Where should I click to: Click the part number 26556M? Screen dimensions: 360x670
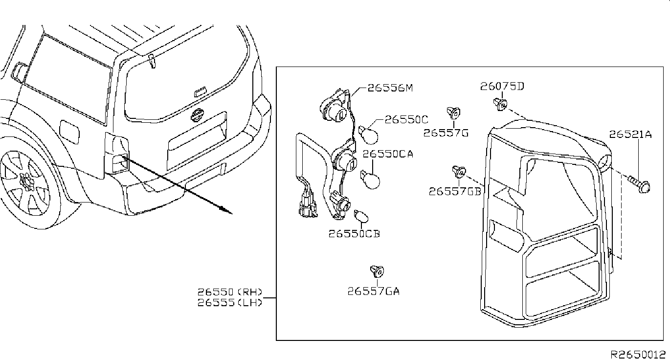[x=390, y=89]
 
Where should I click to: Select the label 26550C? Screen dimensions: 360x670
[x=406, y=119]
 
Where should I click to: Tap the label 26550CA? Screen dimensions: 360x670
[x=388, y=154]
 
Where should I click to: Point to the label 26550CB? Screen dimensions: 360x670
[x=354, y=234]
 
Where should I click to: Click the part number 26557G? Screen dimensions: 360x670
[x=446, y=133]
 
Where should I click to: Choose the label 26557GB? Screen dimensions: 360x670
[x=455, y=191]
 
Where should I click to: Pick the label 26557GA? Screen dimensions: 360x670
[x=374, y=291]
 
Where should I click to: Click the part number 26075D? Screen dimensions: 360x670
[x=502, y=87]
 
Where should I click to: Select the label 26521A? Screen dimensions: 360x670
[x=630, y=134]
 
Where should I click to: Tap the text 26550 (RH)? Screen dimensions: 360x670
[x=230, y=292]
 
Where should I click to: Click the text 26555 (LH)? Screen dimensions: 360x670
[x=230, y=302]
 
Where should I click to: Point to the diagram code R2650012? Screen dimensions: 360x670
[x=637, y=354]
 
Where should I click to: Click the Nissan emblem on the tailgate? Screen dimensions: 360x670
[x=197, y=115]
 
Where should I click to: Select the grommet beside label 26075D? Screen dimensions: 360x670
[x=501, y=103]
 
